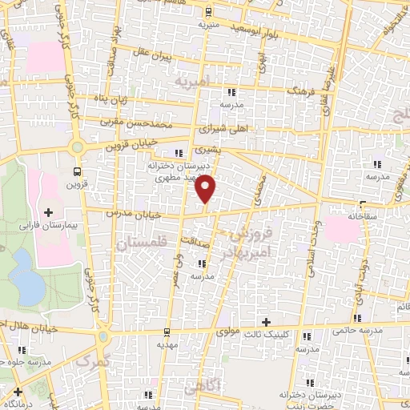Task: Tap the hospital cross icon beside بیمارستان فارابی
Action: click(49, 212)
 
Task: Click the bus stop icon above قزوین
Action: click(78, 171)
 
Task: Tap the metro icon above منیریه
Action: click(207, 12)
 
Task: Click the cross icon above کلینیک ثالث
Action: click(266, 321)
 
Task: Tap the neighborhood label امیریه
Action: click(192, 82)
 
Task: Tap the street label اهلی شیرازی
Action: click(232, 127)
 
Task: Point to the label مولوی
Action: click(232, 332)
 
